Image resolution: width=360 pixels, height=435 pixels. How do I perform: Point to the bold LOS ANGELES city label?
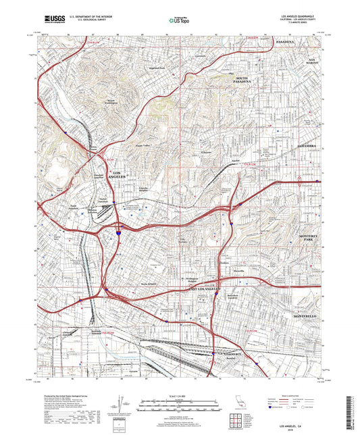[116, 176]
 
